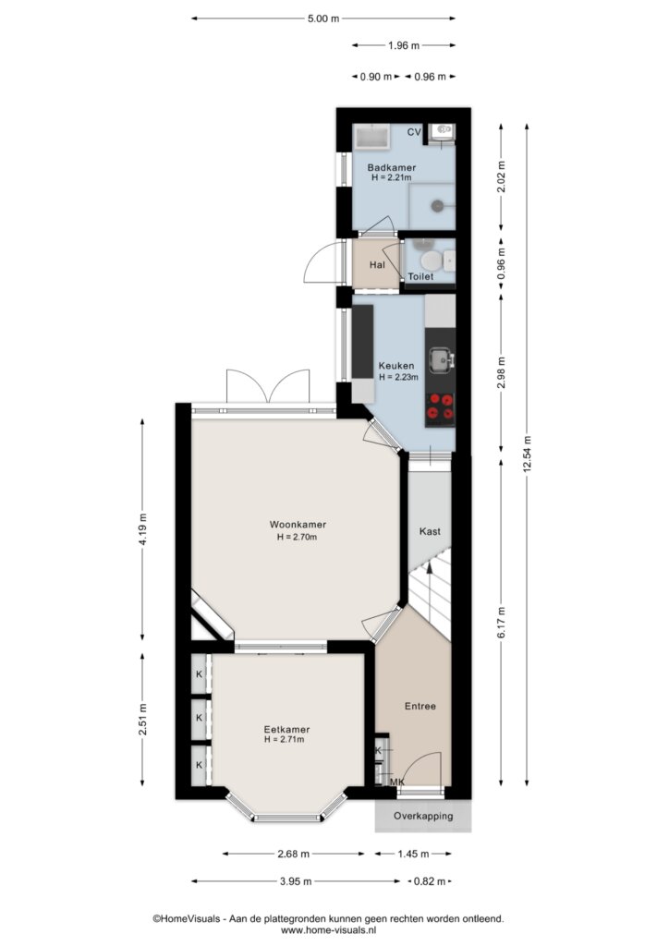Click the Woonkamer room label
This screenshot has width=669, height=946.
click(298, 525)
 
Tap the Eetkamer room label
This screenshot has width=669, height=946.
click(286, 730)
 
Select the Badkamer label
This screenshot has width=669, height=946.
click(392, 168)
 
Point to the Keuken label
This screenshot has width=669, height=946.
click(396, 366)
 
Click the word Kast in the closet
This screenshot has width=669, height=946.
click(430, 531)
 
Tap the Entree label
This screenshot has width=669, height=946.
click(420, 706)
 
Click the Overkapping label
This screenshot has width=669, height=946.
click(423, 817)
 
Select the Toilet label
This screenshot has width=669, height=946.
click(420, 277)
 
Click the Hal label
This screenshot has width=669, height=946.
click(377, 265)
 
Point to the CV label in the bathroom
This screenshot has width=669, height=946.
click(414, 132)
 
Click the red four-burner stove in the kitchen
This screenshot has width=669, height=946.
click(440, 406)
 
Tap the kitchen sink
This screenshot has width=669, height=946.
click(441, 360)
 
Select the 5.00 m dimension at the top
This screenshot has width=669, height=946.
click(323, 18)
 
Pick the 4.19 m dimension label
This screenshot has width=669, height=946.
click(142, 529)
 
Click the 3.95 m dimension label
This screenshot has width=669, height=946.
click(296, 881)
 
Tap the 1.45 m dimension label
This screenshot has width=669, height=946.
click(413, 854)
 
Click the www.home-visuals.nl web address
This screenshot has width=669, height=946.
click(328, 930)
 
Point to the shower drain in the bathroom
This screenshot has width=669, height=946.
click(437, 206)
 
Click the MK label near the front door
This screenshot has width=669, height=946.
click(397, 782)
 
